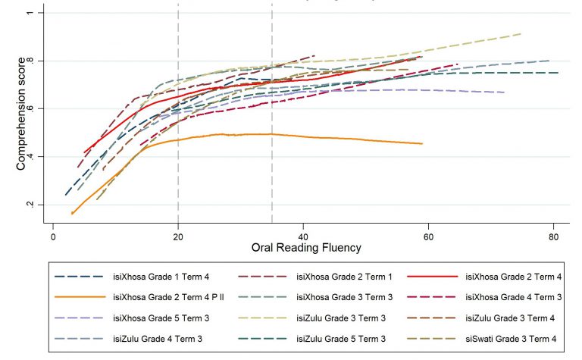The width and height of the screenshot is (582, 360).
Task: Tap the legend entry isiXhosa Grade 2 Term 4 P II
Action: click(159, 296)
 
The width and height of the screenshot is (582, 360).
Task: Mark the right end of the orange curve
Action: click(422, 143)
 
